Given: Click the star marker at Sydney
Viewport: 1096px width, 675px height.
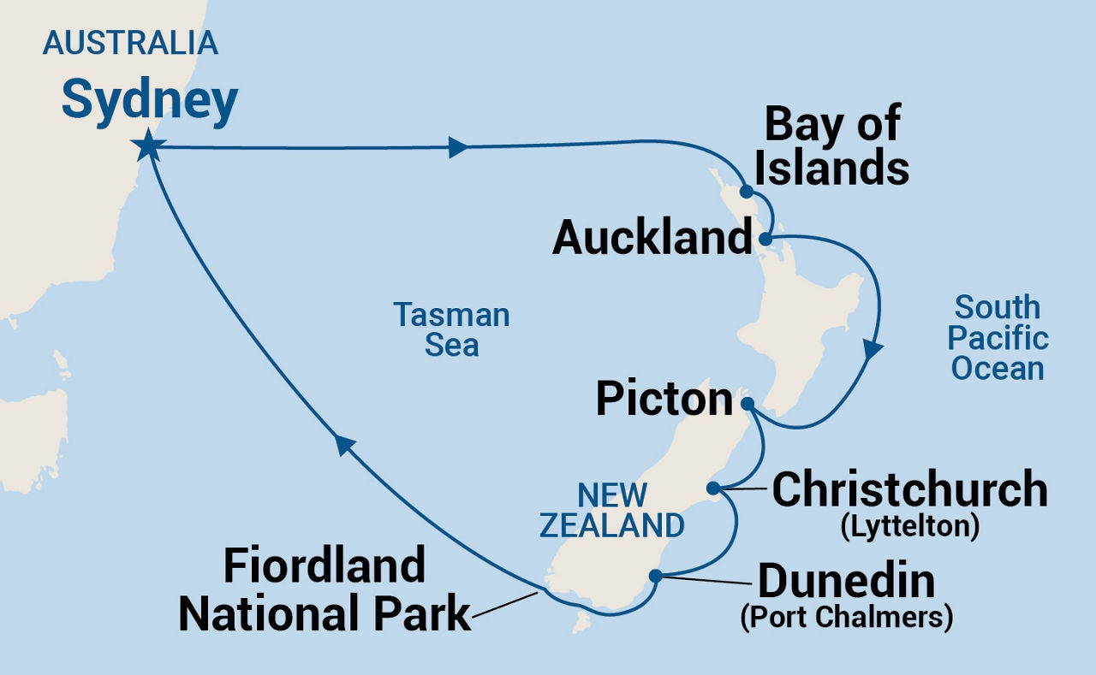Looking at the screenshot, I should point(148,146).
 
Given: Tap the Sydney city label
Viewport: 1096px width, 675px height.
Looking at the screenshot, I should point(149,102).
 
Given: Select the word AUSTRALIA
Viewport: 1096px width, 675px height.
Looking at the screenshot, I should point(130,43).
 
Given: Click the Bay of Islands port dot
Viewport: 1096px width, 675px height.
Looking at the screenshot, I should point(747,192).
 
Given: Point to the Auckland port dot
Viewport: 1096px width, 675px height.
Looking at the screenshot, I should point(765,238).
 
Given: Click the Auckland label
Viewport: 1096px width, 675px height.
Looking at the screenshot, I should point(652,237).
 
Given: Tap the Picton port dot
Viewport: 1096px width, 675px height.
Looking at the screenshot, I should point(747,402).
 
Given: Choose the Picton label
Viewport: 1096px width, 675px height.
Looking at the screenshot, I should point(664,400).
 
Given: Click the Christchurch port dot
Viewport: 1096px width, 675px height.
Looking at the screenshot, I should point(712,488).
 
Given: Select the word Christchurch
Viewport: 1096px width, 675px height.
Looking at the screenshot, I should point(909,489).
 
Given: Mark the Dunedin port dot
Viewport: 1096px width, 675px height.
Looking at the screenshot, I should point(655,576).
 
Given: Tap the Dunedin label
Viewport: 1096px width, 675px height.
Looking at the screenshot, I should point(846,582).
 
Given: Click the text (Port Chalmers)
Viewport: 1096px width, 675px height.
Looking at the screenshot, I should point(846,618).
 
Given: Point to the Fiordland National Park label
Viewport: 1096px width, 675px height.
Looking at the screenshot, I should point(325,589).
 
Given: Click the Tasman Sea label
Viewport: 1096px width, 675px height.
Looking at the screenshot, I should point(451,330).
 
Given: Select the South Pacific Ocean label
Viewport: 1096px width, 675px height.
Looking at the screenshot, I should point(998,337).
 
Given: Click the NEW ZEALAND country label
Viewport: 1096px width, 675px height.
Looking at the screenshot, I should point(611,510).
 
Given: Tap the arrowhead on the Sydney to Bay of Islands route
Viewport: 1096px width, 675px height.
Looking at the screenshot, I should point(457,147).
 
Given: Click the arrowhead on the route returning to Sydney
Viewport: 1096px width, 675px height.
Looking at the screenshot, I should point(344,443).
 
